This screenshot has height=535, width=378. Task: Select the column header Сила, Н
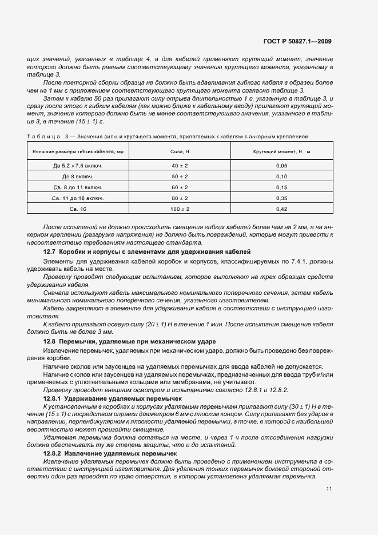pos(180,151)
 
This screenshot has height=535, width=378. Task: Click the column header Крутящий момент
pos(281,151)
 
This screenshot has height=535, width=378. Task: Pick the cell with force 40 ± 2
pos(180,165)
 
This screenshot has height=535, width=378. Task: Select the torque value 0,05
pos(281,165)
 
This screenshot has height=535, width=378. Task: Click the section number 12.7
pos(51,251)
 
